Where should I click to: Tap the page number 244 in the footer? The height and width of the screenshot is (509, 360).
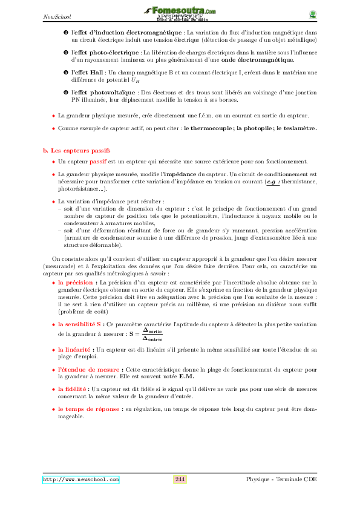pos(180,479)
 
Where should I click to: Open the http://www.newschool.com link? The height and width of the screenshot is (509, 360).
pos(80,480)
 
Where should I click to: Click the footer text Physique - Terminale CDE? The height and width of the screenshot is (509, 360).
pos(281,479)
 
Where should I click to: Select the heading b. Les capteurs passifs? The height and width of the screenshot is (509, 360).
pos(76,149)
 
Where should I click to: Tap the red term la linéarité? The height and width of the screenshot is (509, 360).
pos(75,350)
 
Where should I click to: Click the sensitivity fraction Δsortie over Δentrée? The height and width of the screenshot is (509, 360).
pos(156,333)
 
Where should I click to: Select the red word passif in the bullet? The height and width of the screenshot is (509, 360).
pos(97,162)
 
